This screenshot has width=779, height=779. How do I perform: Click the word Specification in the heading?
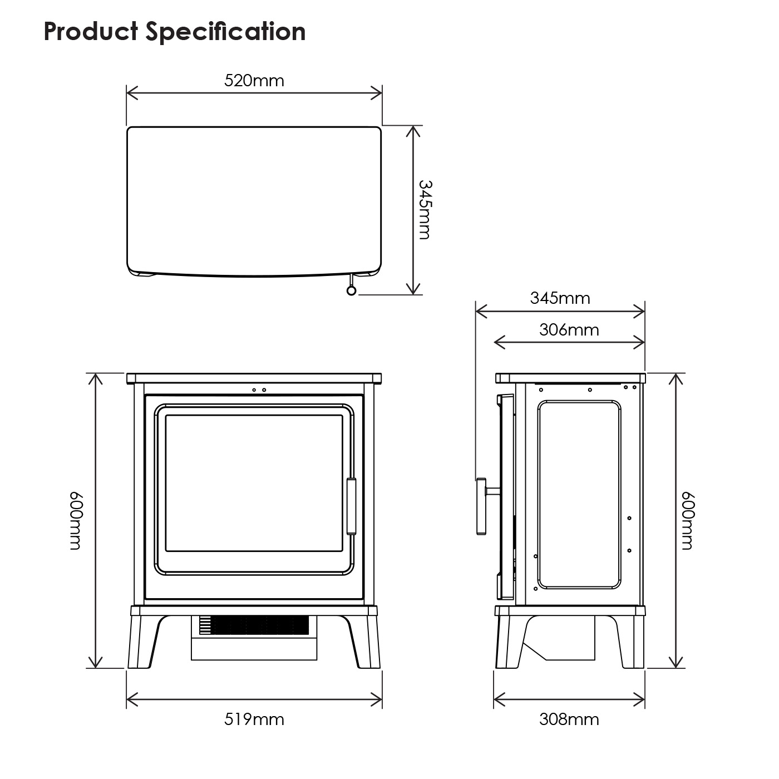click(x=225, y=32)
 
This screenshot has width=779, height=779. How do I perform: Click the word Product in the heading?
click(x=91, y=31)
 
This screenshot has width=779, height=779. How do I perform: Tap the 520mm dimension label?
click(x=254, y=81)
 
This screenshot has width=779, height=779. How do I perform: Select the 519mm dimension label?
click(x=254, y=719)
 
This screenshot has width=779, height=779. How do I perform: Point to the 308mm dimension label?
click(x=569, y=719)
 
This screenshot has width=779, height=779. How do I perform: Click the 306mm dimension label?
click(x=569, y=330)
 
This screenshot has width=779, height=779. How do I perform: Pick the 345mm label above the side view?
click(x=560, y=298)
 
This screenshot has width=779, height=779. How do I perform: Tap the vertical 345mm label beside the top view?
click(x=425, y=210)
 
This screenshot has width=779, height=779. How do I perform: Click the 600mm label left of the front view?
click(x=76, y=521)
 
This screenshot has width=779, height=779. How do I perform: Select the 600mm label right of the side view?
click(x=688, y=521)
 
